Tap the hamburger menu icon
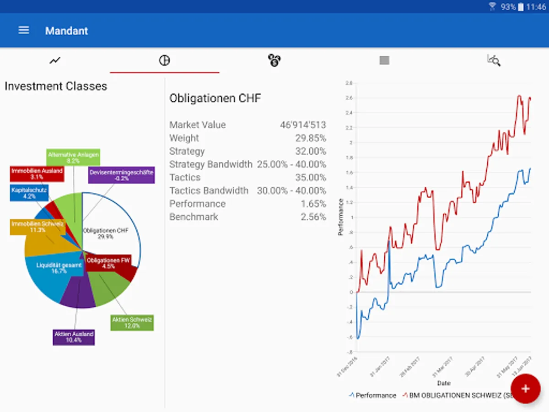[24, 30]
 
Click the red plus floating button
[525, 389]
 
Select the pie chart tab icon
[164, 60]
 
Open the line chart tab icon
[55, 60]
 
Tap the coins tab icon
[274, 60]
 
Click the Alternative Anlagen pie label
[73, 157]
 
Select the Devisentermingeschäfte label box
[121, 175]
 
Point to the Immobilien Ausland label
[37, 173]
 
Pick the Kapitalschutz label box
[29, 193]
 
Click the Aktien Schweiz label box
[132, 322]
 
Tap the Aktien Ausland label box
[74, 337]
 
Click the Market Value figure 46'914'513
[303, 125]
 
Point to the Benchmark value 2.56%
[313, 217]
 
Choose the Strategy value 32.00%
[311, 152]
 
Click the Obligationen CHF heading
[215, 98]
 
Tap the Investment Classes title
[56, 87]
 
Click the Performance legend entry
[372, 395]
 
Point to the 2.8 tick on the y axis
[349, 83]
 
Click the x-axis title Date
[443, 383]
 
